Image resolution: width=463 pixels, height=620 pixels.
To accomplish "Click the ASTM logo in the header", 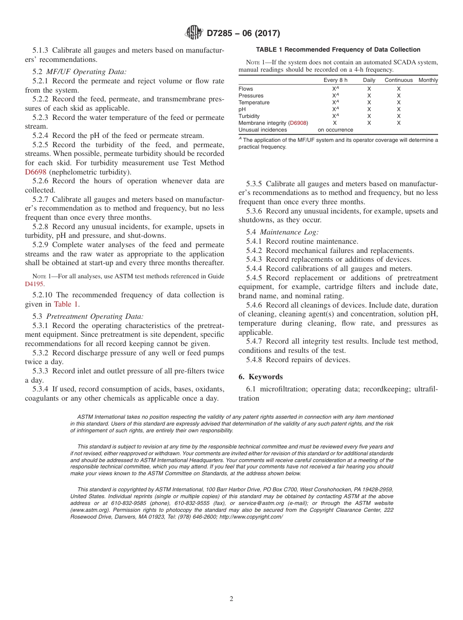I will (194, 33).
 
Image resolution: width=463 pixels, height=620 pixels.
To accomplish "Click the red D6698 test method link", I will (37, 172).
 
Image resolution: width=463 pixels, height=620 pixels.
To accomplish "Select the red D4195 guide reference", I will (35, 283).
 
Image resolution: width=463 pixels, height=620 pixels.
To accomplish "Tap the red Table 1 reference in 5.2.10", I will (65, 304).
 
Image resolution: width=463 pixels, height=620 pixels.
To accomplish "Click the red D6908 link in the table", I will (298, 123).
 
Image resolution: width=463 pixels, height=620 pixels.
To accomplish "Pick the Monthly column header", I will (428, 80).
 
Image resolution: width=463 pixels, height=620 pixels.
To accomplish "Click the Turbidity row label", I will (249, 116).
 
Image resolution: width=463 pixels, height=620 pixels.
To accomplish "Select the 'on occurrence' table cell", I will (335, 130).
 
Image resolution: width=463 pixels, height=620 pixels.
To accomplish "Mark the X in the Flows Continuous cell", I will (398, 89).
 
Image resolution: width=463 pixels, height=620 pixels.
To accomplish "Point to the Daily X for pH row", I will (369, 110).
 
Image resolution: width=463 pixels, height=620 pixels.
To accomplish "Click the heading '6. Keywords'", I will (260, 377).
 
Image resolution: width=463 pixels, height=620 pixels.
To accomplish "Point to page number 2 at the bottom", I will (231, 599).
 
